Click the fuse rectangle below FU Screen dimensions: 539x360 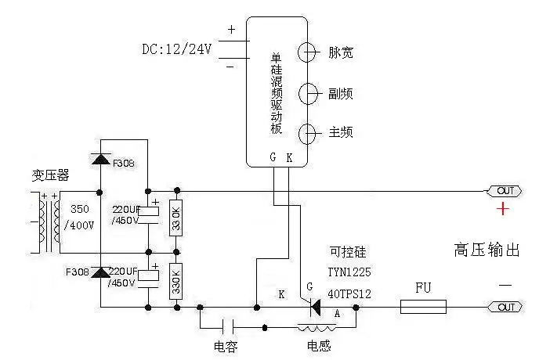point(423,307)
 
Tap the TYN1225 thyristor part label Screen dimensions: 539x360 point(349,272)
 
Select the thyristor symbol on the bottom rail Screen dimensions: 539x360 point(315,308)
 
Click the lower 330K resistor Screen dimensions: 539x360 point(176,281)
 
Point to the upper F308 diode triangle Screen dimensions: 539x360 point(101,159)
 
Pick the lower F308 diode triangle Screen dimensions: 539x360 point(101,272)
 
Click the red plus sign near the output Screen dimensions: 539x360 point(503,209)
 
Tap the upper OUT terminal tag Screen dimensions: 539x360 point(505,191)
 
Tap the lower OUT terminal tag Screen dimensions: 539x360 point(505,307)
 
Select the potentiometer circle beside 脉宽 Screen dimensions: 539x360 point(307,52)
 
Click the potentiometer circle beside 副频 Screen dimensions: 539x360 point(308,93)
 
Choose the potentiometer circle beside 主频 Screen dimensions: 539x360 point(307,134)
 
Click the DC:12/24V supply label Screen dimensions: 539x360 point(177,49)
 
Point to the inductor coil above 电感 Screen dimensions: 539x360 point(317,327)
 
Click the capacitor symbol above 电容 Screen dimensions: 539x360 point(228,326)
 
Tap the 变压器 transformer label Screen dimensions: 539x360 point(50,175)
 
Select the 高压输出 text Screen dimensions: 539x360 point(487,250)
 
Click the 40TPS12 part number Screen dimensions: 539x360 point(349,294)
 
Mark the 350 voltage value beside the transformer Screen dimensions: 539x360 point(80,209)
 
